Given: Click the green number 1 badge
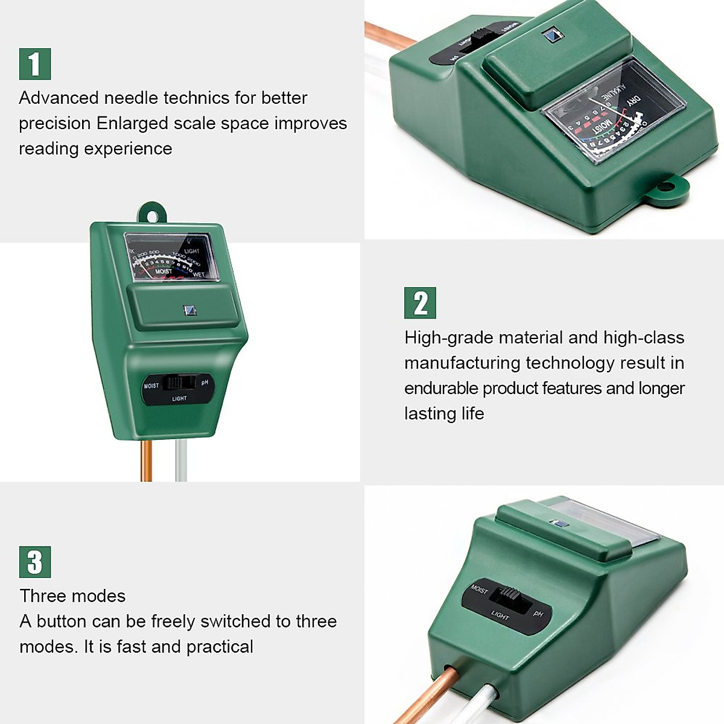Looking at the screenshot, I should point(35,64).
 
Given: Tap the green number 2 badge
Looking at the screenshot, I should point(420,303).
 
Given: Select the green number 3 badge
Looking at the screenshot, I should point(35,562).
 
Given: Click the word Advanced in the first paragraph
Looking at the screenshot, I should point(59,98).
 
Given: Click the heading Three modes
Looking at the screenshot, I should point(72,596).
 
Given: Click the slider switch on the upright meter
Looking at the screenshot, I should point(180,383).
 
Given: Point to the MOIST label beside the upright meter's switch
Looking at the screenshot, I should point(151,386).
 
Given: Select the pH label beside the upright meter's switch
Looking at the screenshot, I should point(205,383).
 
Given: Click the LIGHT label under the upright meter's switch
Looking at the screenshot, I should point(179,399).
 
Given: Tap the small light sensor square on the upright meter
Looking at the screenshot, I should point(189,311).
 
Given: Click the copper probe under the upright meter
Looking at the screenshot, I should point(146,461).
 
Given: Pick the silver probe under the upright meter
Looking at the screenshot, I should point(181,461).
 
